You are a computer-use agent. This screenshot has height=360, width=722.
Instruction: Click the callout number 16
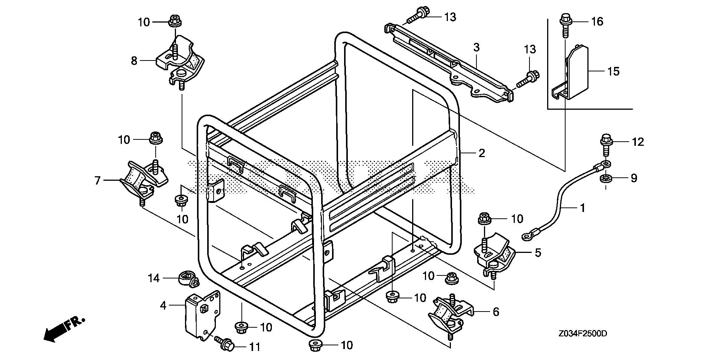(x=597, y=22)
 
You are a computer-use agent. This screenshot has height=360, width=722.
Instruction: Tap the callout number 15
(x=613, y=71)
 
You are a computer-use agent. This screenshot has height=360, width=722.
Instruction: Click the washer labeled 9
(x=605, y=178)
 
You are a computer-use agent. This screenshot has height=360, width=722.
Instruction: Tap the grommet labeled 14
(x=187, y=278)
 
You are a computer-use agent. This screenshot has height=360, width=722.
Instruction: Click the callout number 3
(x=476, y=48)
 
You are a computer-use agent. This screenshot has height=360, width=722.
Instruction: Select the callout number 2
(x=482, y=153)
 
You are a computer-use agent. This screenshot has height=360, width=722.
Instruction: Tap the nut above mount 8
(x=174, y=21)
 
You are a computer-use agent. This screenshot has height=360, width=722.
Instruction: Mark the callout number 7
(x=97, y=181)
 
